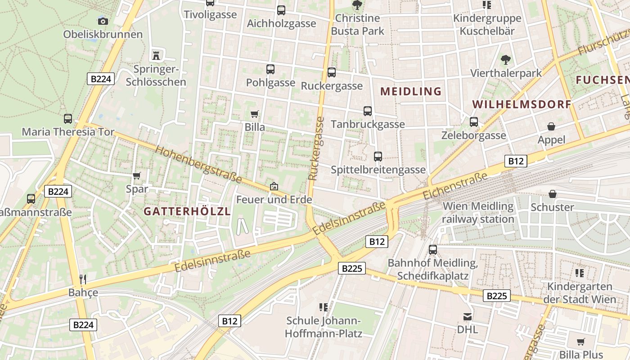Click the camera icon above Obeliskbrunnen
point(103,21)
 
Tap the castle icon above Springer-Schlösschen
point(156,55)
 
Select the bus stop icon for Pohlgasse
point(270,69)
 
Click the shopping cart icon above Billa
point(254,114)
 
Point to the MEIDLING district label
point(411,91)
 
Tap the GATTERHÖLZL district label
point(187,211)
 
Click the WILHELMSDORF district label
point(521,104)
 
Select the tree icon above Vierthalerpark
point(506,59)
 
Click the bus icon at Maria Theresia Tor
point(68,119)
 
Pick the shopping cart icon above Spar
point(137,175)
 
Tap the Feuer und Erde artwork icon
point(274,186)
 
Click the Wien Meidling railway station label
point(478,213)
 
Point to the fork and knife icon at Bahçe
point(83,279)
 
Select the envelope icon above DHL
point(468,316)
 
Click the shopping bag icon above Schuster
point(552,194)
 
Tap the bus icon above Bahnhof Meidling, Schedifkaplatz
point(432,249)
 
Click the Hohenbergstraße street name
point(198,164)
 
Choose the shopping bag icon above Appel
point(551,126)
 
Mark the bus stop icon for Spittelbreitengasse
point(378,157)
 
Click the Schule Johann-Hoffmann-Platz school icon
point(323,307)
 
